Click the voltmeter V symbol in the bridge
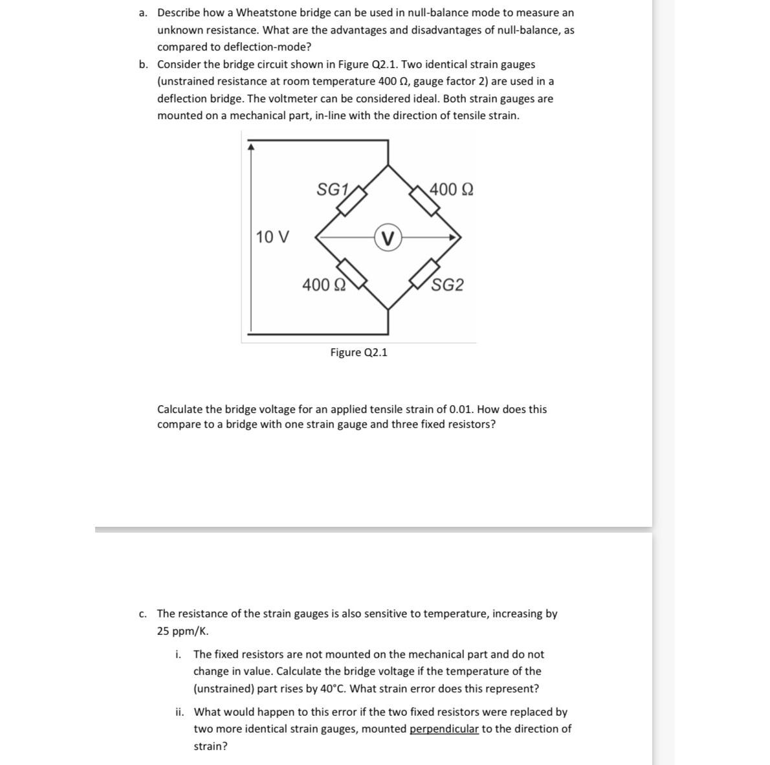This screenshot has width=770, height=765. point(388,238)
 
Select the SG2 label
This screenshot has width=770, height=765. point(448,285)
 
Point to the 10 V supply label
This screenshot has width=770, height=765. point(272,237)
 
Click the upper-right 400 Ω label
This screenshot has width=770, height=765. point(451,190)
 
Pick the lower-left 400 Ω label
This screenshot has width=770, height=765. point(324,285)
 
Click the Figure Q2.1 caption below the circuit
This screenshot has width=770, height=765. point(358,352)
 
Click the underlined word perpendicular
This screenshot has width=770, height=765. point(444,729)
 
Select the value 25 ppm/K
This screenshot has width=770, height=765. point(182,631)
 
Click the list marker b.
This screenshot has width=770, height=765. point(143,65)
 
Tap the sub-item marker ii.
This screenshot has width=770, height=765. point(179,712)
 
